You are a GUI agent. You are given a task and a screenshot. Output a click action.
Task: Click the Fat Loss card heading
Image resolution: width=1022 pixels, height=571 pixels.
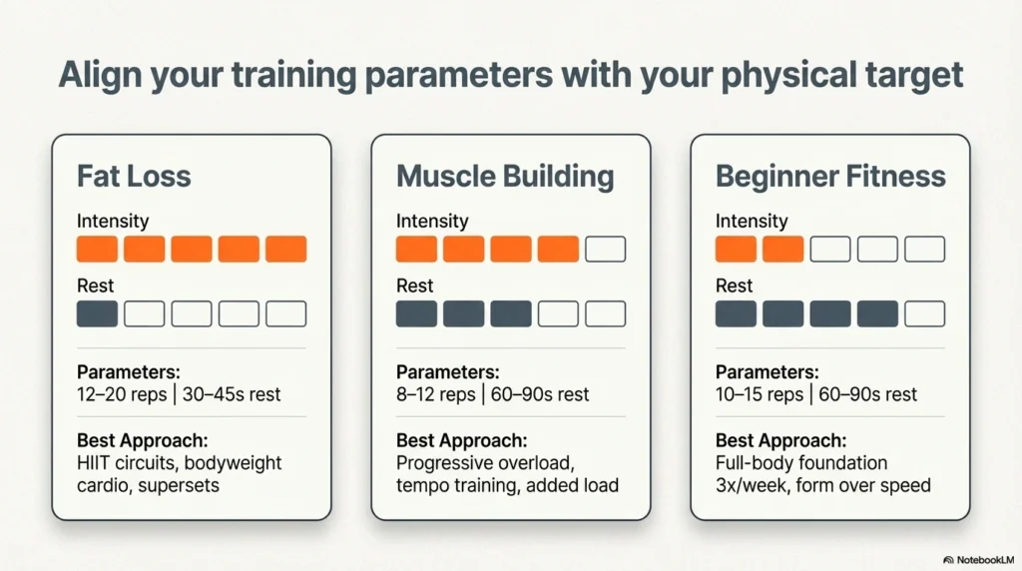click(x=134, y=177)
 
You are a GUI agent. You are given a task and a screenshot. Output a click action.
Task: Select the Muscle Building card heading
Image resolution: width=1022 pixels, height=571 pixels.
click(x=505, y=177)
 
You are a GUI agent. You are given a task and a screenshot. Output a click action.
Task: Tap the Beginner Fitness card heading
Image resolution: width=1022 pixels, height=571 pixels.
click(x=830, y=177)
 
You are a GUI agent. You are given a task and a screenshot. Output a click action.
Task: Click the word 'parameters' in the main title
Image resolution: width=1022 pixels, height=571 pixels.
click(x=425, y=76)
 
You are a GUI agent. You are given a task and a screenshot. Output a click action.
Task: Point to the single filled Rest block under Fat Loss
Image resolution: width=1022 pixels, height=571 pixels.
click(x=97, y=314)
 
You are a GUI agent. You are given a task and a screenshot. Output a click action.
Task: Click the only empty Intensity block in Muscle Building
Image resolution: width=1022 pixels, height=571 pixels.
click(x=605, y=250)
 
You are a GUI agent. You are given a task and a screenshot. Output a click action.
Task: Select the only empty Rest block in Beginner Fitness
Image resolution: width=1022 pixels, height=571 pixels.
click(x=924, y=314)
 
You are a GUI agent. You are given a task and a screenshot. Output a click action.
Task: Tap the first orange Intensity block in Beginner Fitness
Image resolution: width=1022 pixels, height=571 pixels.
click(x=736, y=250)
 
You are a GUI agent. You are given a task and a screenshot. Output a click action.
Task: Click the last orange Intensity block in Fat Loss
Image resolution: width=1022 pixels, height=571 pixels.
click(x=285, y=250)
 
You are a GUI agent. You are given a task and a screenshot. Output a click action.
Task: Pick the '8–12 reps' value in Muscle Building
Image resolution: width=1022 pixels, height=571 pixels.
click(x=435, y=394)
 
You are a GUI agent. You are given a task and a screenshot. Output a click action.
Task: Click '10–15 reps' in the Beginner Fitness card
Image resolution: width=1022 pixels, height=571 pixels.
click(x=760, y=394)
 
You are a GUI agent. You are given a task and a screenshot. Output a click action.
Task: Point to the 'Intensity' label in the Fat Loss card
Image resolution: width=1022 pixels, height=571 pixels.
click(x=112, y=221)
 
